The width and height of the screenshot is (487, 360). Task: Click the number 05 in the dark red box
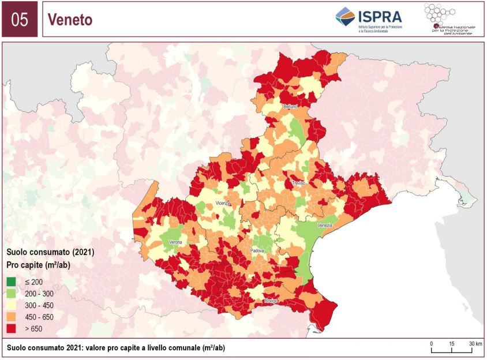[x=20, y=20]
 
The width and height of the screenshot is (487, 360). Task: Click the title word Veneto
[x=70, y=20]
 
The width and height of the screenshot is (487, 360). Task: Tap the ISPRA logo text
[x=380, y=16]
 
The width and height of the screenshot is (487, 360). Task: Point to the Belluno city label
[x=290, y=107]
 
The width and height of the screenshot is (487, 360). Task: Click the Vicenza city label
[x=223, y=204]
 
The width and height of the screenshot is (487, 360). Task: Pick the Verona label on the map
[x=175, y=242]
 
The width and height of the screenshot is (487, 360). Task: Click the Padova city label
[x=257, y=251]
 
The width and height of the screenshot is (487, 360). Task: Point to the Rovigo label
[x=271, y=301]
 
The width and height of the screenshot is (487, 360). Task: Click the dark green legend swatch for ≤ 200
[x=12, y=282]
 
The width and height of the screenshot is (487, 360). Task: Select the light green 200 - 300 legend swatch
[x=12, y=294]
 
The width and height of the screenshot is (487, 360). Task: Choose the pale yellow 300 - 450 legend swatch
[x=12, y=305]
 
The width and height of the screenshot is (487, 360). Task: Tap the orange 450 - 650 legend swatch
[x=12, y=317]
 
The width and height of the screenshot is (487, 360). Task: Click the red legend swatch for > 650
[x=12, y=328]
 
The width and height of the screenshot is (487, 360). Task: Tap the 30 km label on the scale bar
[x=475, y=344]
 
